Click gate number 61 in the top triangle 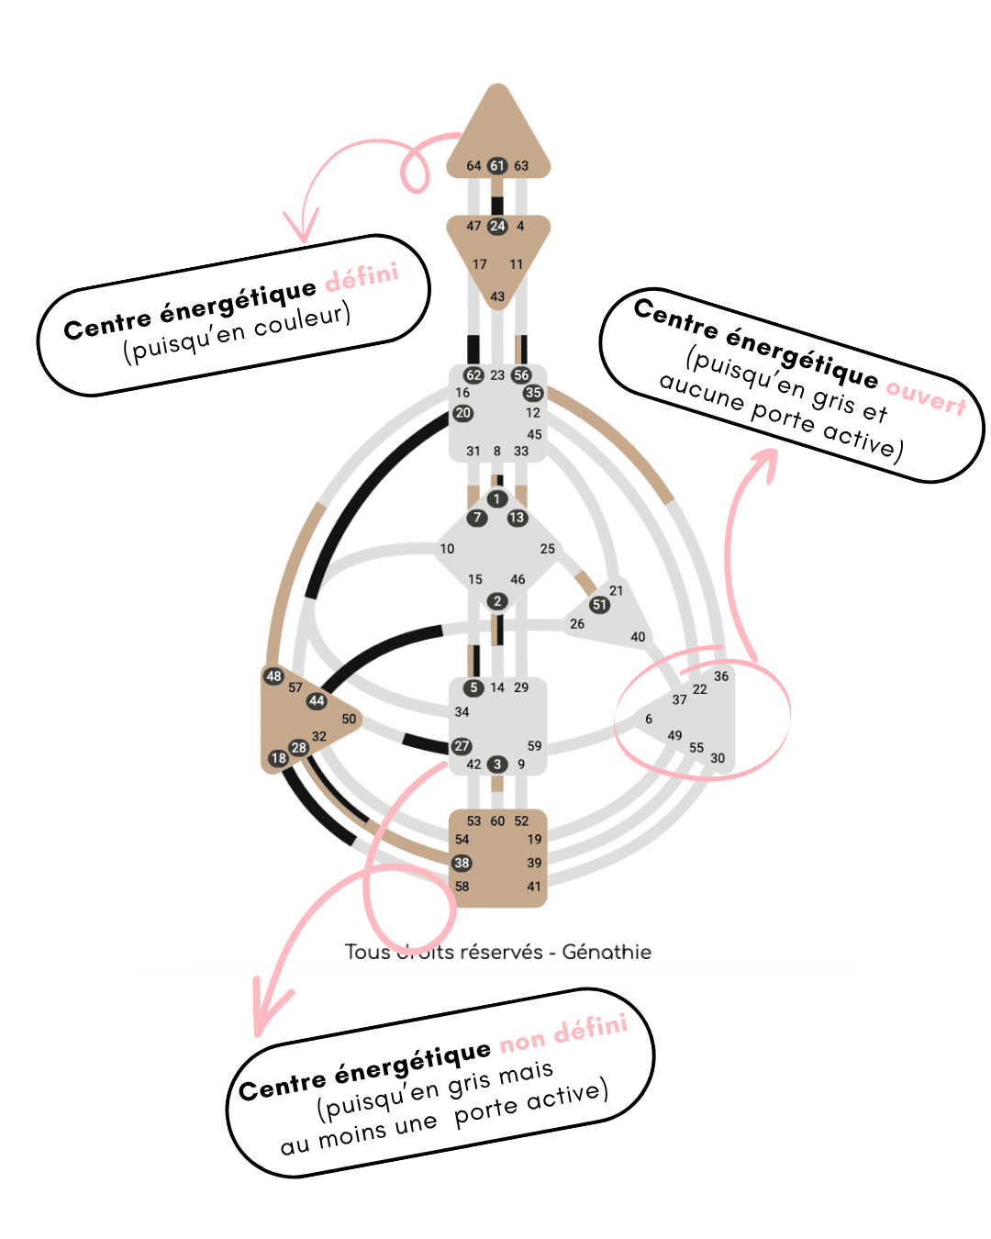pos(496,166)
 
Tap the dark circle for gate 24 pos(497,226)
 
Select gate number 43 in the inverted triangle pos(497,296)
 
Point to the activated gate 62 pos(473,374)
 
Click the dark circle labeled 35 pos(533,393)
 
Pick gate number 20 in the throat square pos(462,413)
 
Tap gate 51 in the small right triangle pos(599,605)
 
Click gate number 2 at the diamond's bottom pos(497,601)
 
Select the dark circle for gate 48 pos(273,676)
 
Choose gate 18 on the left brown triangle pos(278,758)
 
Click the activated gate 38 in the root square pos(462,863)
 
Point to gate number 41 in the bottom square pos(534,887)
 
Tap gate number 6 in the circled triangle pos(649,720)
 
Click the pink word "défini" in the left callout pos(362,276)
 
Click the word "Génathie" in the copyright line pos(607,952)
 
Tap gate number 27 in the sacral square pos(462,746)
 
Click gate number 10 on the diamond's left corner pos(447,549)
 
